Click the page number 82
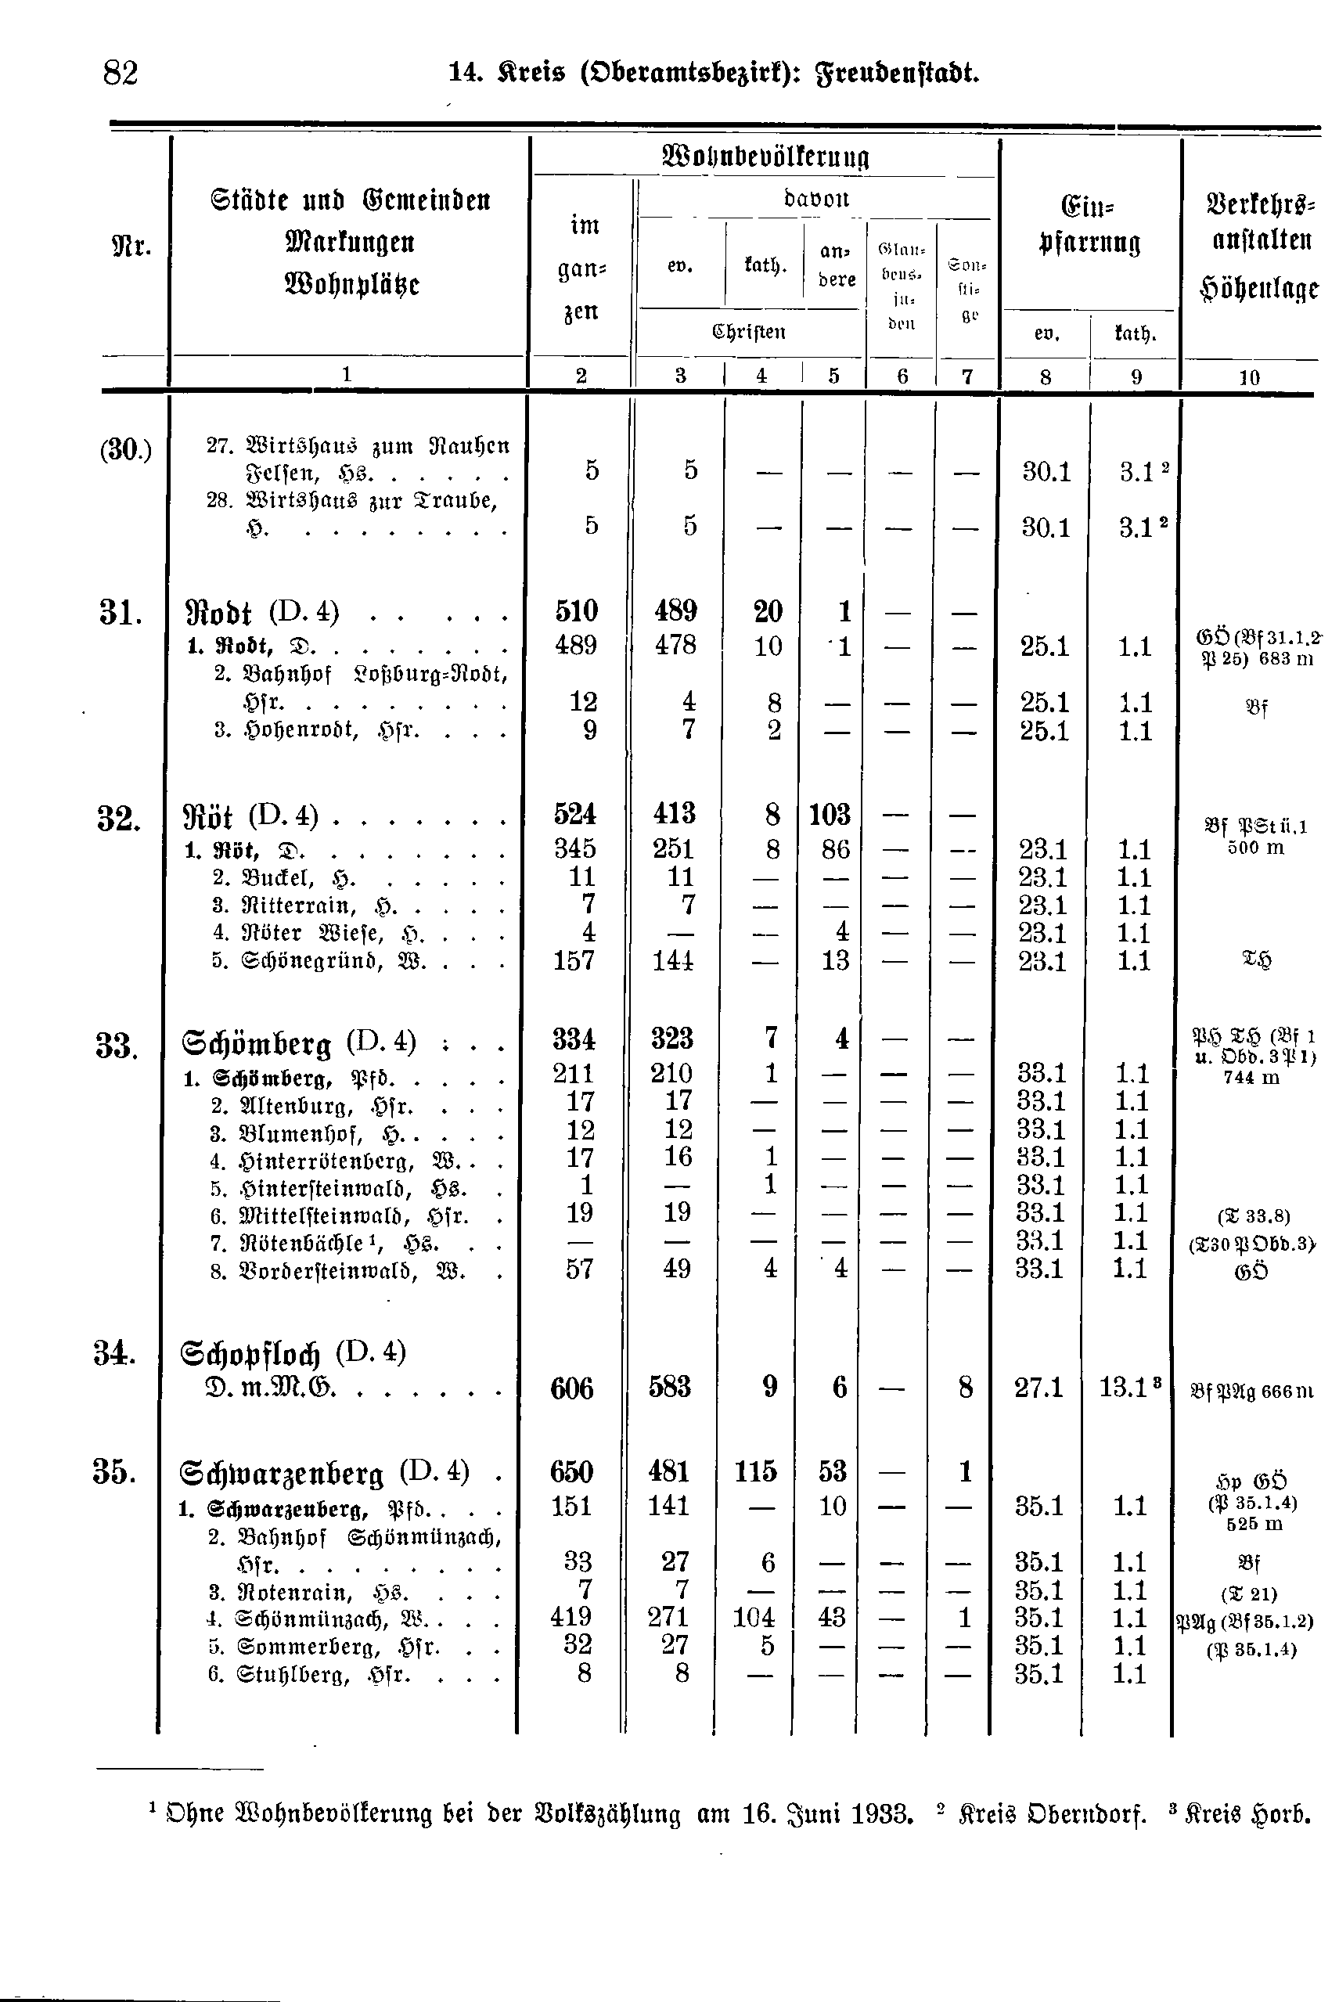(x=121, y=74)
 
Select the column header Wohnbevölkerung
(x=765, y=157)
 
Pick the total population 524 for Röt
(x=574, y=815)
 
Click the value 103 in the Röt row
(x=830, y=815)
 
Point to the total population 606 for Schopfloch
(x=571, y=1388)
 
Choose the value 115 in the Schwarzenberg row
(x=756, y=1471)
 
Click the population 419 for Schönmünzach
(x=571, y=1617)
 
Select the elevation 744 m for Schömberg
(x=1251, y=1078)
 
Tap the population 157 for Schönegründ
(x=574, y=961)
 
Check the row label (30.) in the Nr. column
(x=125, y=449)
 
